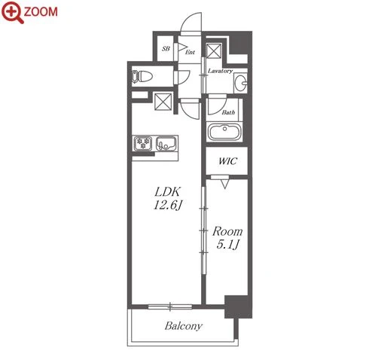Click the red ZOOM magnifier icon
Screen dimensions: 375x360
click(12, 12)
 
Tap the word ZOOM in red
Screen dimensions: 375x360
click(41, 12)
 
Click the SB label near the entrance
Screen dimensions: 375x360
click(166, 48)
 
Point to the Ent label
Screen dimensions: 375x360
click(190, 52)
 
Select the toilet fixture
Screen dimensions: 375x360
click(142, 76)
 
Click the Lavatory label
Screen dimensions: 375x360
click(220, 71)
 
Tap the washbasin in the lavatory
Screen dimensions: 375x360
click(241, 82)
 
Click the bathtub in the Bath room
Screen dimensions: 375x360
click(224, 131)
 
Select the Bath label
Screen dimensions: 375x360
click(228, 112)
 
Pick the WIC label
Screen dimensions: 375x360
click(227, 161)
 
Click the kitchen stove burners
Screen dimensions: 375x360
click(143, 143)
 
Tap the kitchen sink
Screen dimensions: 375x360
click(166, 143)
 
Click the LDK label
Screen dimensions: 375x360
click(167, 192)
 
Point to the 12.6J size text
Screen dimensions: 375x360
click(167, 206)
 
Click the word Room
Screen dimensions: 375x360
click(227, 231)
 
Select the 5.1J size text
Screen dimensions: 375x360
click(227, 244)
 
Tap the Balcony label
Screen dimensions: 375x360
click(184, 326)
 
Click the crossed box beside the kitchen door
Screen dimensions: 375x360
click(163, 102)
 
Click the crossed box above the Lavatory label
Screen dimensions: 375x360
click(214, 51)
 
